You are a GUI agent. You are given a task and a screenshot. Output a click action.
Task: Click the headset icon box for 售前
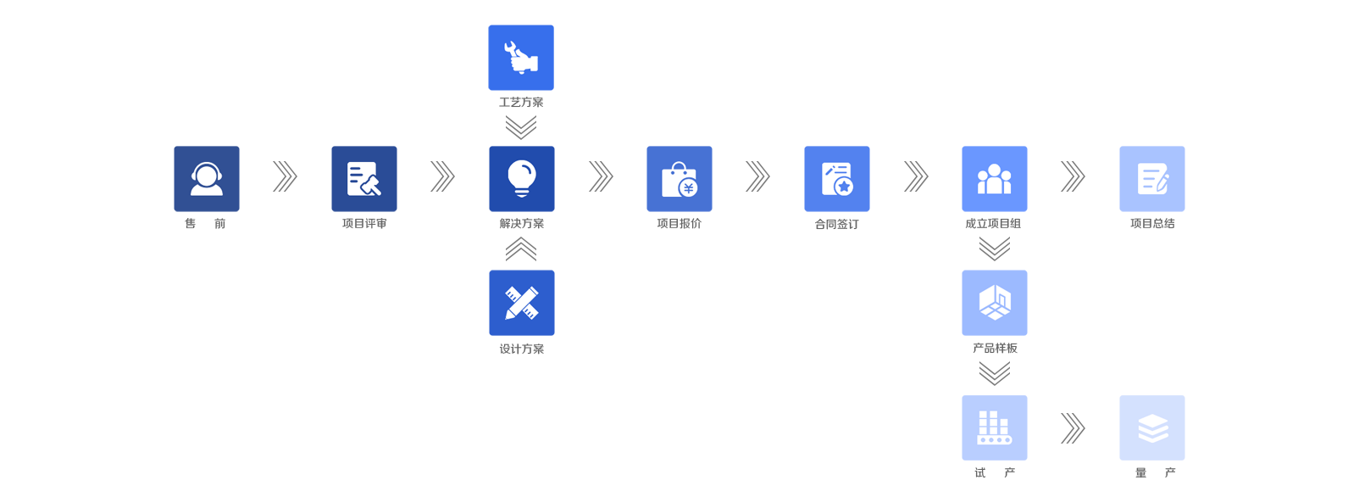coord(207,179)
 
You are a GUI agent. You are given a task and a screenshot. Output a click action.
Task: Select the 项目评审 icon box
coord(364,179)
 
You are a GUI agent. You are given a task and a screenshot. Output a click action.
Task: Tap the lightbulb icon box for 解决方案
coord(522,179)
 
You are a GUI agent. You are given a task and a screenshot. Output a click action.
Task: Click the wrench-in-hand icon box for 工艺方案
coord(521,58)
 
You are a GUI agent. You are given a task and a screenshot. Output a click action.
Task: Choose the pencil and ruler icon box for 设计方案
coord(522,303)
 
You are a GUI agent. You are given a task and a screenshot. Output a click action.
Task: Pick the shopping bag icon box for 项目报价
coord(679,179)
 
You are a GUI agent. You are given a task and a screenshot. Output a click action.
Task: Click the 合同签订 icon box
coord(837,179)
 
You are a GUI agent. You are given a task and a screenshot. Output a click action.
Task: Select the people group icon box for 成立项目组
coord(995,179)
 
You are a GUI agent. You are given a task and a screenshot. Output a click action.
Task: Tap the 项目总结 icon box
coord(1152,179)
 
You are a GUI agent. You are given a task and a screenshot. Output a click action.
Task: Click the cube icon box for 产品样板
coord(995,303)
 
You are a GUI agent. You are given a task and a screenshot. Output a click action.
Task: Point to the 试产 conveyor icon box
coord(995,427)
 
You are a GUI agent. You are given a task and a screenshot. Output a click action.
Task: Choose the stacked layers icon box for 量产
coord(1152,427)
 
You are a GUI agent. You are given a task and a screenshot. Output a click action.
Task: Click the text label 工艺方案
coord(521,103)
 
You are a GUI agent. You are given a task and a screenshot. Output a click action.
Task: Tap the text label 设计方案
coord(522,349)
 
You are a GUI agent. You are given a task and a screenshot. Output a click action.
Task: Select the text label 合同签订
coord(837,225)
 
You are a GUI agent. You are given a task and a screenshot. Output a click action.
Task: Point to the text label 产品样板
coord(995,349)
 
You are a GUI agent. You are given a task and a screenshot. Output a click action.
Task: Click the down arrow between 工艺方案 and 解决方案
coord(521,127)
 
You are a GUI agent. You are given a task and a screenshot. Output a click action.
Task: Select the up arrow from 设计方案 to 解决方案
coord(521,249)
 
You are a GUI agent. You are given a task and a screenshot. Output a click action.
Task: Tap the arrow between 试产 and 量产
coord(1073,428)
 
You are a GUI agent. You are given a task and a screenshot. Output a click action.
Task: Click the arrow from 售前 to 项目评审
coord(285,176)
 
